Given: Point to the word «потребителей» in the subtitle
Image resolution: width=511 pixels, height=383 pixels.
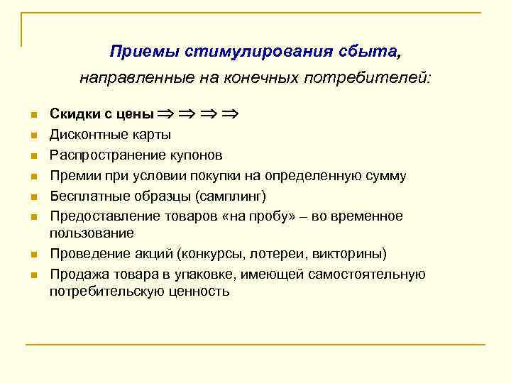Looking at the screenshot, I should click(x=368, y=77).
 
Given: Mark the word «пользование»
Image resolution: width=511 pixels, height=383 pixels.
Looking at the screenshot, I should click(x=92, y=232).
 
